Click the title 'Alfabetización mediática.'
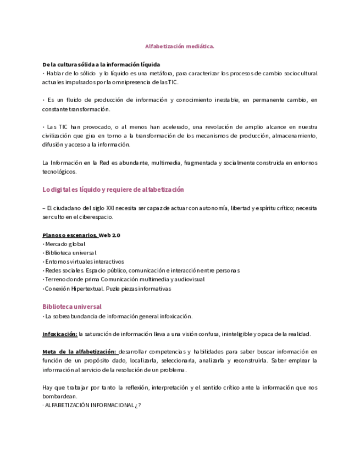coord(179,46)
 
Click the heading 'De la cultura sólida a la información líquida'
coord(101,64)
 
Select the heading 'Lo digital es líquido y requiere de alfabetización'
coord(113,190)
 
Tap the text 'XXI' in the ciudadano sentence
coord(120,208)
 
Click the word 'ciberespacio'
coord(97,217)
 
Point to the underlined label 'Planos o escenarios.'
coord(70,235)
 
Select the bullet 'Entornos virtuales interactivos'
coord(85,262)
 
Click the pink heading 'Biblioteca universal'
coord(72,307)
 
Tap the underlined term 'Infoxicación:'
coord(60,334)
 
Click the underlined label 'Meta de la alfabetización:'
coord(79,352)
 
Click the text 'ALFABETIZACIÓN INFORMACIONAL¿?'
coord(93,406)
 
